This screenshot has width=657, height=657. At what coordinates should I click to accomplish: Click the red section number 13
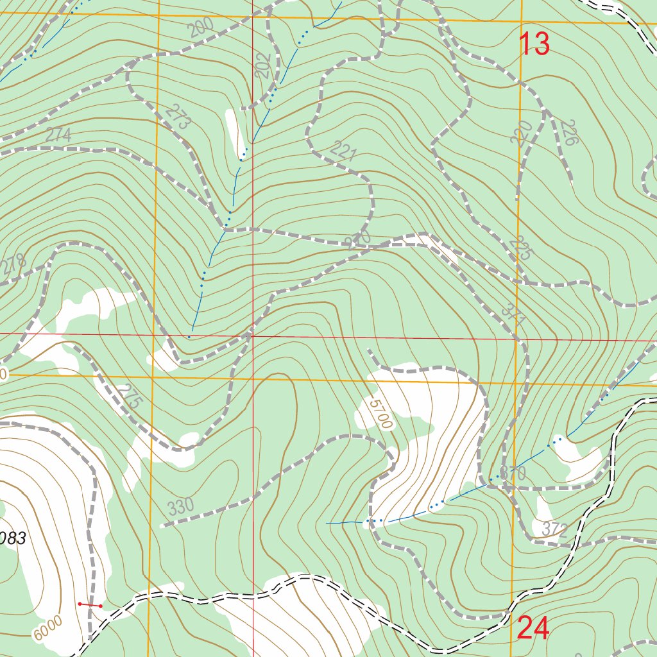pyautogui.click(x=534, y=44)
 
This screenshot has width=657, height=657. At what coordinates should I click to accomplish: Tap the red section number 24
pyautogui.click(x=533, y=628)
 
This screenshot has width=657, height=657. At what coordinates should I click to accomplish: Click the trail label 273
pyautogui.click(x=178, y=117)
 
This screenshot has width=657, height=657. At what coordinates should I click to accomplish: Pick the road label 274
pyautogui.click(x=58, y=135)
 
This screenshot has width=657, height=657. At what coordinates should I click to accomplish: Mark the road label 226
pyautogui.click(x=569, y=132)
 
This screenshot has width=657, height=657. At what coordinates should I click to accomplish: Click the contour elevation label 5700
pyautogui.click(x=380, y=414)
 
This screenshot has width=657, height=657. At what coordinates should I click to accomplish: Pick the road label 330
pyautogui.click(x=181, y=508)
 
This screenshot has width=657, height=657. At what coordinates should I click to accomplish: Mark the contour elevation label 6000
pyautogui.click(x=49, y=626)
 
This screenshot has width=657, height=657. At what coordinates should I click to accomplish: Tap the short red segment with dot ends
pyautogui.click(x=90, y=604)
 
